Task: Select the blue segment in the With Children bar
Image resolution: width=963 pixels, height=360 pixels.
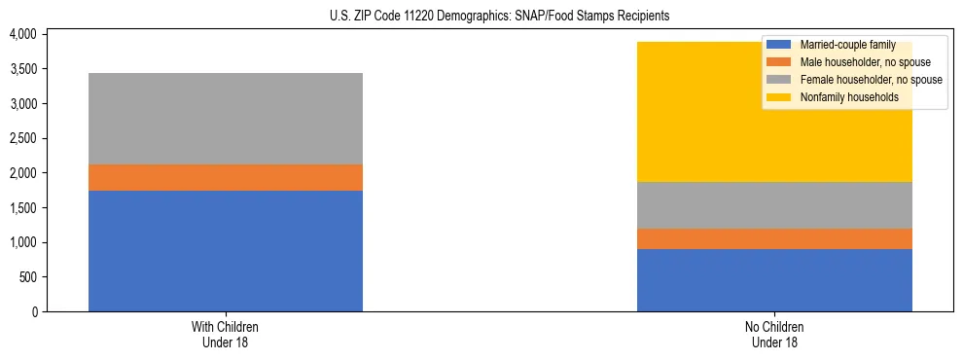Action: pos(225,251)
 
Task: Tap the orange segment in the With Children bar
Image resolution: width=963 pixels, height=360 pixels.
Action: pos(225,178)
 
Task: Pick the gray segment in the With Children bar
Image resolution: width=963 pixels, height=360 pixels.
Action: pos(225,119)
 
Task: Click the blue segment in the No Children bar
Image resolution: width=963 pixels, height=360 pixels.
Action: pos(774,280)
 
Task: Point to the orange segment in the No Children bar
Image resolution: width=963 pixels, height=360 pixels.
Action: pos(774,238)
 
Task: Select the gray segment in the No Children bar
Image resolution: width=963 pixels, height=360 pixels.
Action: pos(774,205)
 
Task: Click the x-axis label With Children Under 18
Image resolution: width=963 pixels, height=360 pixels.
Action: pos(225,334)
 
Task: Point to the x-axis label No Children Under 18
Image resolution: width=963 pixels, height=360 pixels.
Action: pos(774,334)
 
